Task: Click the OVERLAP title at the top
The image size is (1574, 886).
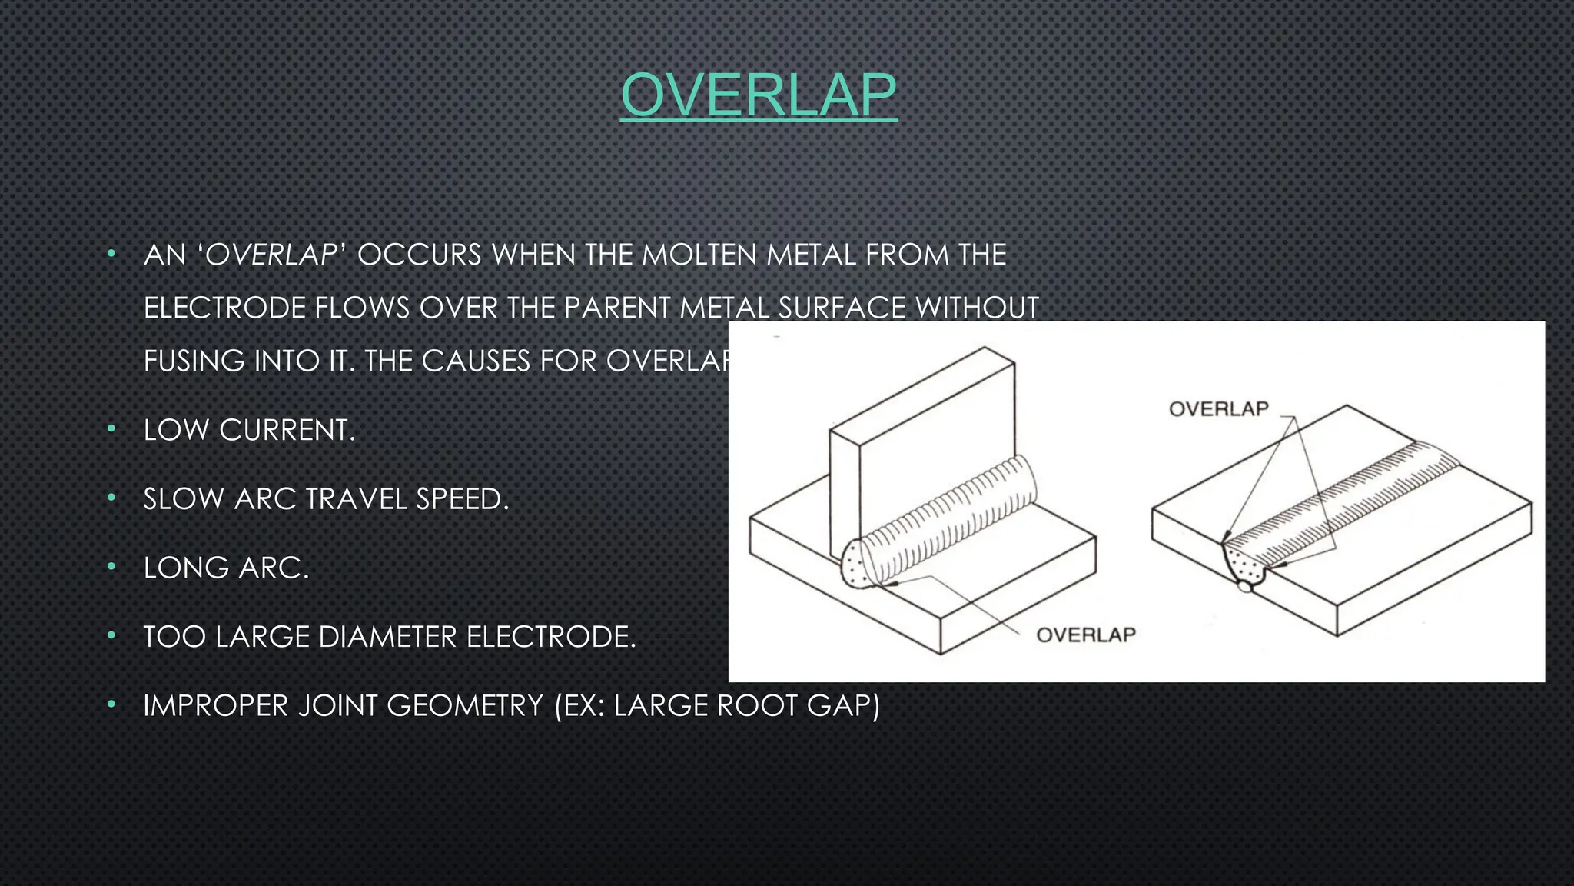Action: pyautogui.click(x=759, y=95)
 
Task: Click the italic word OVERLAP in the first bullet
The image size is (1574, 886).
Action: pyautogui.click(x=271, y=255)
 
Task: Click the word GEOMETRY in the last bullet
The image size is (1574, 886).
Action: pyautogui.click(x=465, y=705)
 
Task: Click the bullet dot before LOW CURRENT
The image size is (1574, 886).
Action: pyautogui.click(x=111, y=428)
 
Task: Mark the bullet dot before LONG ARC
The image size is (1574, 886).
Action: pyautogui.click(x=111, y=567)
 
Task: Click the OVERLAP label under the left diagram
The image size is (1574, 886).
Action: pyautogui.click(x=1085, y=635)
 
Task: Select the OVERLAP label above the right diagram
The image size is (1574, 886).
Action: pyautogui.click(x=1218, y=408)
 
